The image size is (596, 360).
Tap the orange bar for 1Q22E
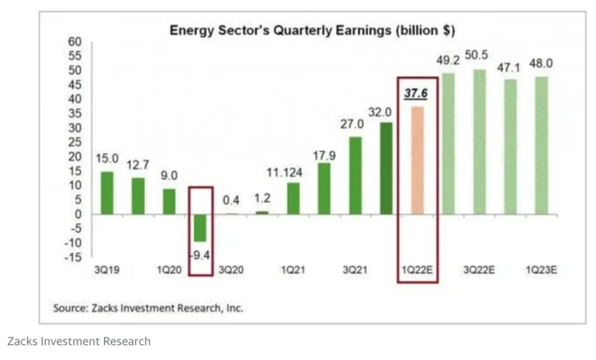click(x=417, y=160)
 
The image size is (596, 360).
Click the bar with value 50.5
click(x=480, y=141)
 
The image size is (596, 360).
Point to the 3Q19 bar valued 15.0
click(x=106, y=192)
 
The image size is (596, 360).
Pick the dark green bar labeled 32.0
click(x=386, y=168)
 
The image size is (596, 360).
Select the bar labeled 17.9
click(x=324, y=188)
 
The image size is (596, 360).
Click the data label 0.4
click(x=231, y=200)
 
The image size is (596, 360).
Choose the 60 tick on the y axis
click(x=74, y=41)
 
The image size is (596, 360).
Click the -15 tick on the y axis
click(x=72, y=257)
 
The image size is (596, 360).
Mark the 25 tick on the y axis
click(x=74, y=142)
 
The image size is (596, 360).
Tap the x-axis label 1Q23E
click(x=542, y=270)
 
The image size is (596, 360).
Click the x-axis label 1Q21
click(x=293, y=270)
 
